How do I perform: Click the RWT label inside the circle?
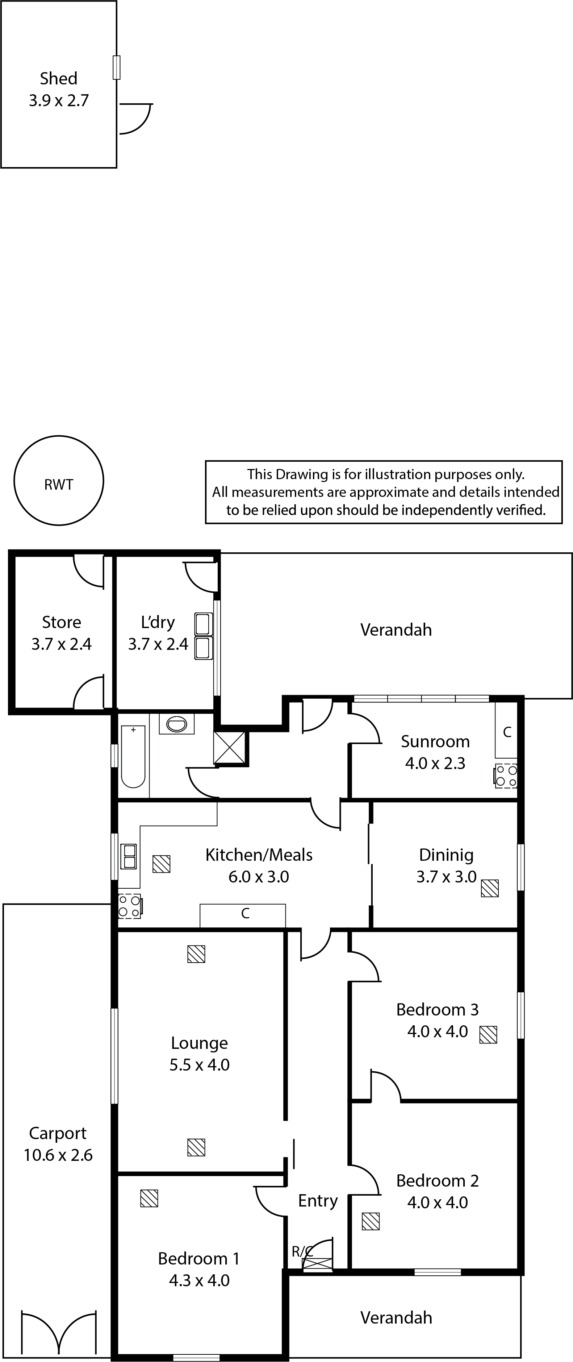(58, 484)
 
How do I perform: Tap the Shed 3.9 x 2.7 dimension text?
(59, 100)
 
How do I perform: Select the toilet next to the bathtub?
(176, 724)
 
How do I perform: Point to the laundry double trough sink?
(204, 636)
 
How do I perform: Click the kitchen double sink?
(129, 856)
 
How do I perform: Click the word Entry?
(318, 1200)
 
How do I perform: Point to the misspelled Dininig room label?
(446, 855)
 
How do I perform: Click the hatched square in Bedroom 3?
(488, 1034)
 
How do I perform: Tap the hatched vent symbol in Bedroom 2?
(371, 1221)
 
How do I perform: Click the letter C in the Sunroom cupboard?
(507, 732)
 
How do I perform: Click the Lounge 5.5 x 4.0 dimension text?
(199, 1064)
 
